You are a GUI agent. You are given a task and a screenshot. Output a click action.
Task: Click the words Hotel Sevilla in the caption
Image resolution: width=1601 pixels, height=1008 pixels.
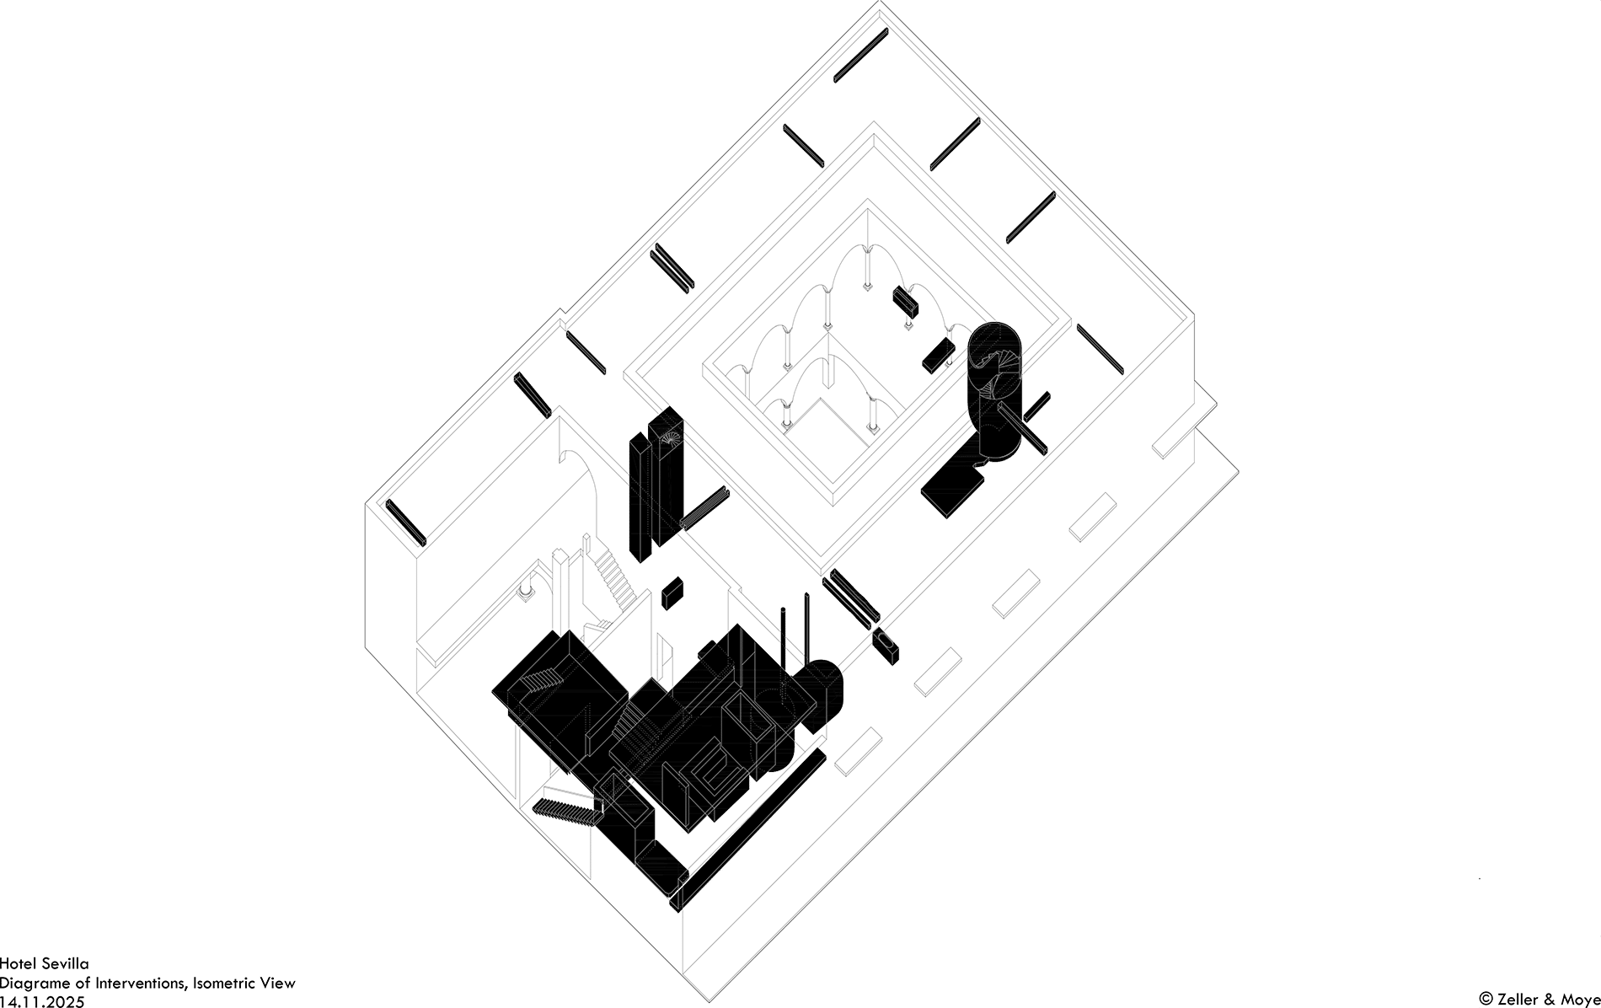click(44, 962)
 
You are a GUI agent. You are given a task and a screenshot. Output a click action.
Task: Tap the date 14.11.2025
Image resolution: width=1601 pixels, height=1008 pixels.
click(42, 1000)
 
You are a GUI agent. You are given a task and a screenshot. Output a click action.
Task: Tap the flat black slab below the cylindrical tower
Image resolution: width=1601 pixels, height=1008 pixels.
click(953, 489)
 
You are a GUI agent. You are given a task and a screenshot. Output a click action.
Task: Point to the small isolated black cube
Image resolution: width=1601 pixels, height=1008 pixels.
click(672, 592)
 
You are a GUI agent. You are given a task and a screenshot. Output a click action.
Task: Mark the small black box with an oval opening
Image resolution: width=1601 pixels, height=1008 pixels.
click(886, 646)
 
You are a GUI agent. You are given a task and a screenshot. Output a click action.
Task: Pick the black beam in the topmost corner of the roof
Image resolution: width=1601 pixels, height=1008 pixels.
click(860, 55)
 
